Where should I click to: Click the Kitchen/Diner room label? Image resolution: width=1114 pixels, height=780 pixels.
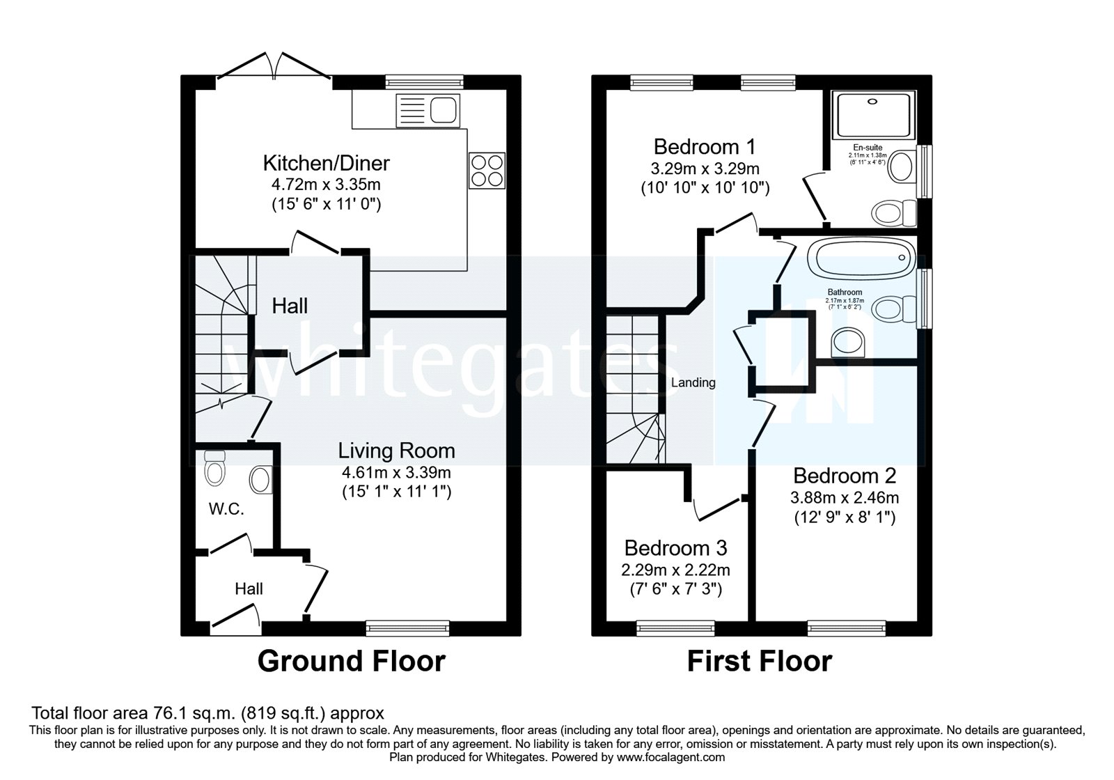[x=326, y=163]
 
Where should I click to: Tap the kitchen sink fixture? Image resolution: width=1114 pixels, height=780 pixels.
[x=427, y=110]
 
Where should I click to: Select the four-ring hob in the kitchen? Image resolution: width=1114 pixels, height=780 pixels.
[x=487, y=170]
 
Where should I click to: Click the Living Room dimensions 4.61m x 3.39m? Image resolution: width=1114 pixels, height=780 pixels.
[x=396, y=472]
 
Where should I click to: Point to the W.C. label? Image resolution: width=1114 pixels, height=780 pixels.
[x=226, y=509]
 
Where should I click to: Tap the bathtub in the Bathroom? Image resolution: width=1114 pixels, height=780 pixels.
[x=861, y=257]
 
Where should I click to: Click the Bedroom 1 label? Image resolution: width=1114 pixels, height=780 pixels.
[x=705, y=147]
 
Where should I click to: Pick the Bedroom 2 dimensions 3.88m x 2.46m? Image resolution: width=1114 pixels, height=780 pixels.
[x=844, y=497]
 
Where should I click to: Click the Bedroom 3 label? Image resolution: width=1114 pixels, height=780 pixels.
[x=675, y=547]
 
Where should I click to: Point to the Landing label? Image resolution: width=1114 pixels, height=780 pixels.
[x=693, y=382]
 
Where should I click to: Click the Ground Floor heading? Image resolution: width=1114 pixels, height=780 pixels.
[x=351, y=661]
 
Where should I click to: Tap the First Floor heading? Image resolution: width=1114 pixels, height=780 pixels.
[x=759, y=661]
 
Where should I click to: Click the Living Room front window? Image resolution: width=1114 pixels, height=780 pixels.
[x=408, y=627]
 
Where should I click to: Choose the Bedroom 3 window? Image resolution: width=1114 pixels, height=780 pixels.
[x=675, y=627]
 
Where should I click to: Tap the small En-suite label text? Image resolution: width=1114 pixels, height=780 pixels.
[x=868, y=148]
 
